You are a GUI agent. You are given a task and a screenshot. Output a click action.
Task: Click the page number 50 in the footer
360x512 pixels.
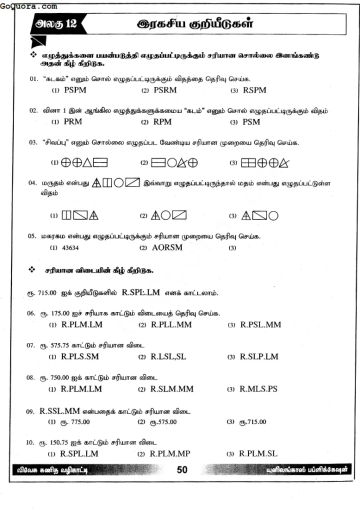coord(182,469)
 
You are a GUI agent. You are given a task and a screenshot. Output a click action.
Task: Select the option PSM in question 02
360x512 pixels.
coord(251,121)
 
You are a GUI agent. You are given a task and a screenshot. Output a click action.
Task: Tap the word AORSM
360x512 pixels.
coord(167,247)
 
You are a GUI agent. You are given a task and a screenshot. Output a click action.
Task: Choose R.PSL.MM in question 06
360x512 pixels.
coord(260,324)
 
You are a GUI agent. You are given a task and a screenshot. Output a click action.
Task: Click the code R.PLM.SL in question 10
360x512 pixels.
coord(258,453)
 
